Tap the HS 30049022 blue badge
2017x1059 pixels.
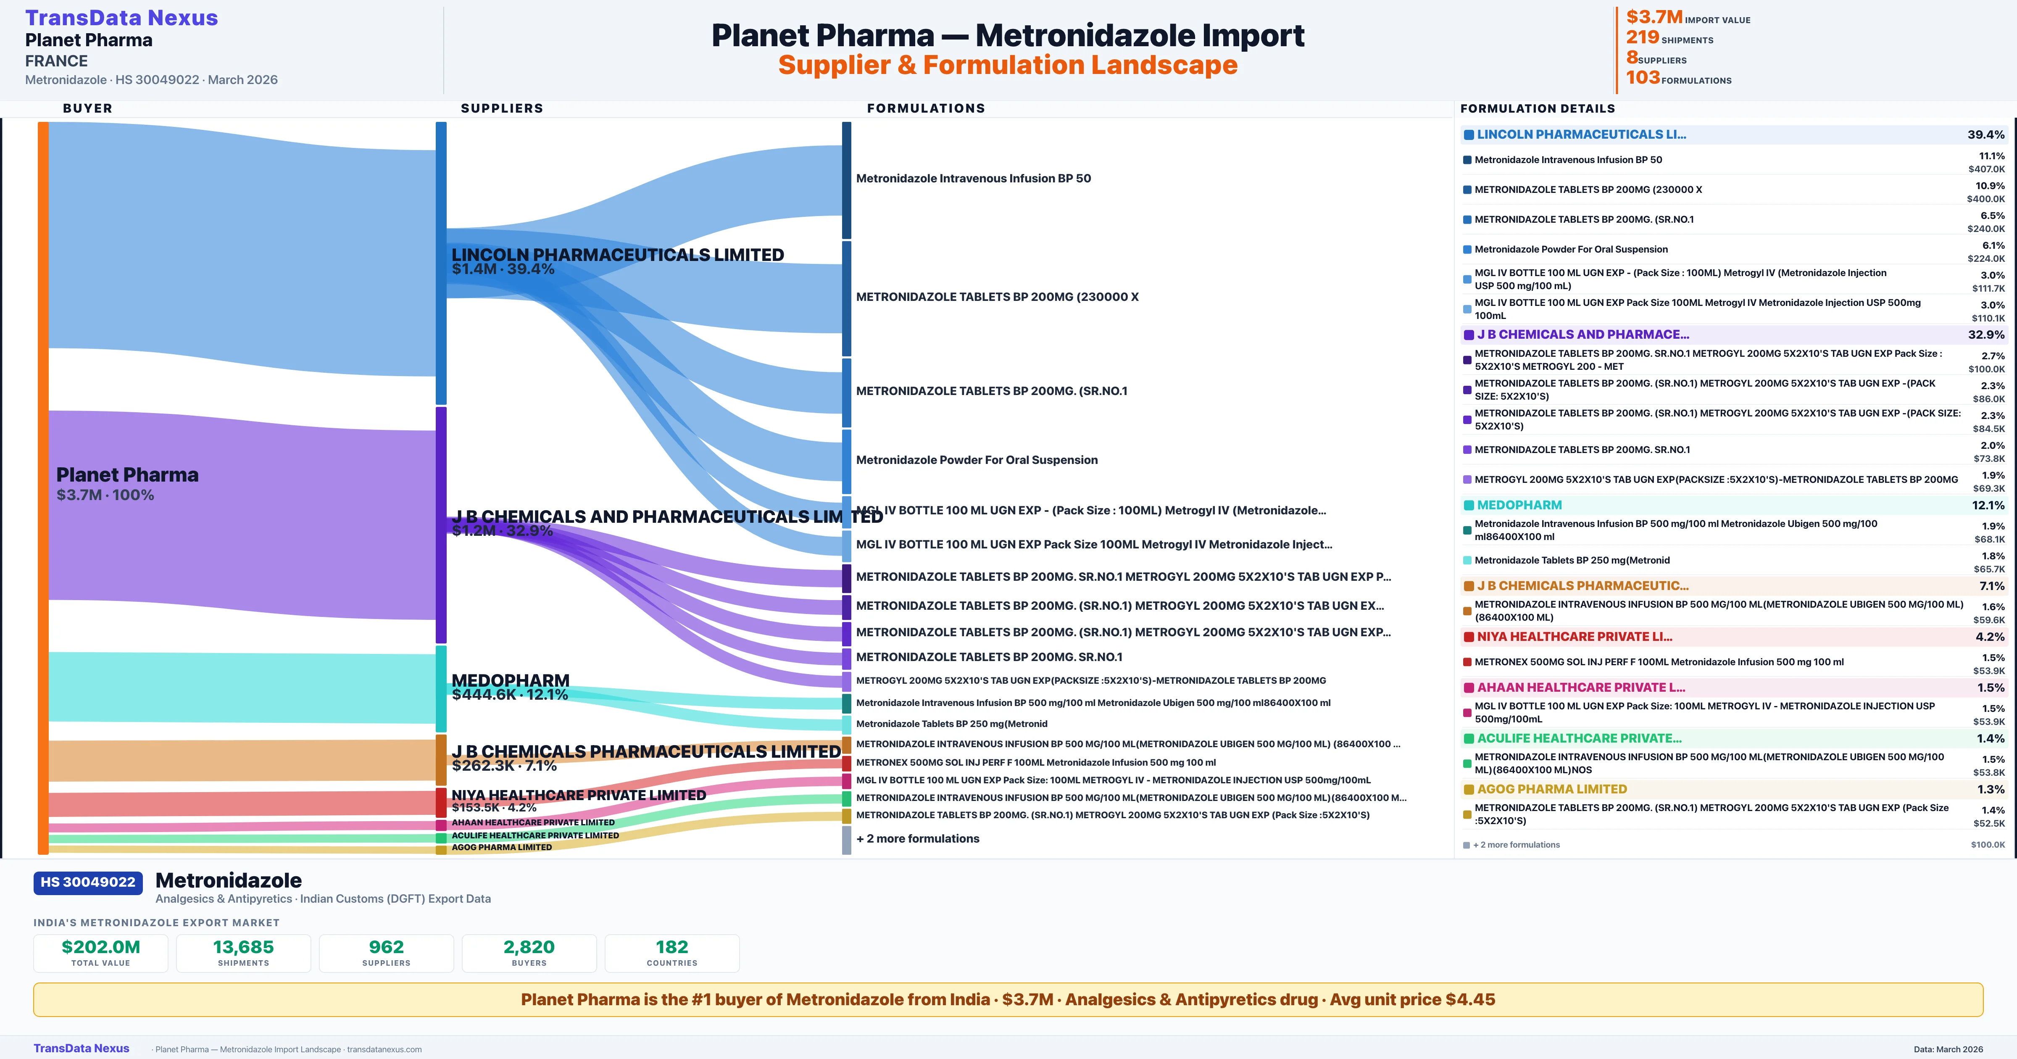tap(88, 882)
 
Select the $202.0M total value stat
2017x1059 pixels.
tap(101, 947)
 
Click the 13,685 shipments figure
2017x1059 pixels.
tap(244, 947)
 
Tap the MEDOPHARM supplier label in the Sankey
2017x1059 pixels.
tap(511, 680)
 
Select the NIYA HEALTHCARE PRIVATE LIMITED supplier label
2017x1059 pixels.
tap(579, 795)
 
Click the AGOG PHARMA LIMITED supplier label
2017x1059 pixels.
tap(502, 847)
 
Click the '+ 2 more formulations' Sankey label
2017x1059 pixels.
tap(918, 838)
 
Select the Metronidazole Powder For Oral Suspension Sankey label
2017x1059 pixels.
tap(977, 460)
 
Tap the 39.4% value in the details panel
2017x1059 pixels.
tap(1985, 135)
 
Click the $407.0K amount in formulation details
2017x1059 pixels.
tap(1986, 169)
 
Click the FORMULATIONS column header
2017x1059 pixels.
tap(925, 108)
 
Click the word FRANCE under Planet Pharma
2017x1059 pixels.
tap(56, 61)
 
